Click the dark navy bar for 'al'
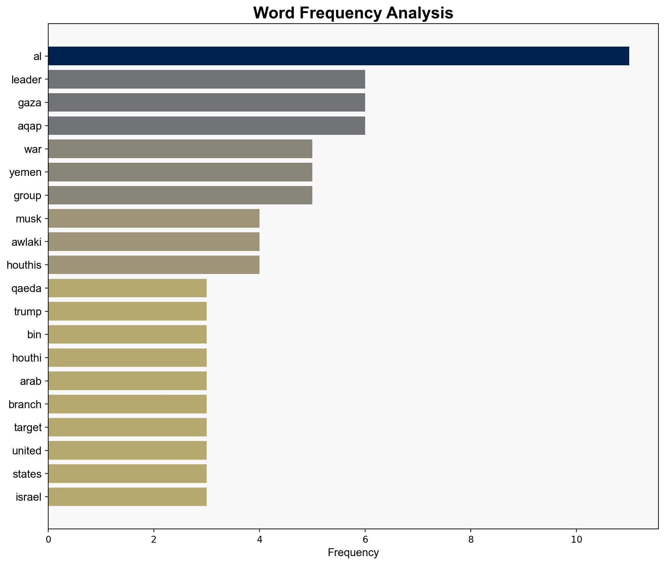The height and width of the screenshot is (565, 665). click(x=339, y=56)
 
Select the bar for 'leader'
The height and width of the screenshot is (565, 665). click(x=207, y=79)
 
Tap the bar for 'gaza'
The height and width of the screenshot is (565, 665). click(x=207, y=103)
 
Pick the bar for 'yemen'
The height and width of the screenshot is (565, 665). click(x=180, y=172)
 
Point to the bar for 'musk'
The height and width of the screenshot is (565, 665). click(x=154, y=219)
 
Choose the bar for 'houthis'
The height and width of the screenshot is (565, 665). click(x=154, y=265)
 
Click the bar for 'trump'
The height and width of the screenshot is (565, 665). click(x=127, y=311)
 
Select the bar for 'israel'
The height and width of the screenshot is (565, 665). click(x=127, y=497)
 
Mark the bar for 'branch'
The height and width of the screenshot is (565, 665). click(x=127, y=404)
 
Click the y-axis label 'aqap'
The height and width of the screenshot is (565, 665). click(x=30, y=126)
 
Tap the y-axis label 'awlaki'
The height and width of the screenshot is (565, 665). click(x=26, y=242)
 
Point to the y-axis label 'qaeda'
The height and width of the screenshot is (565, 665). click(x=26, y=288)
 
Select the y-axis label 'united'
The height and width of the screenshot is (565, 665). click(x=27, y=451)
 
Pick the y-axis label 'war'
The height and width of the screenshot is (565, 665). click(x=33, y=149)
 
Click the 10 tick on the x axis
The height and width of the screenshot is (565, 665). click(x=576, y=540)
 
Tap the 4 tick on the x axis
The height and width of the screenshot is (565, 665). click(x=260, y=540)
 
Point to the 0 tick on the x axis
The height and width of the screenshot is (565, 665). click(x=48, y=540)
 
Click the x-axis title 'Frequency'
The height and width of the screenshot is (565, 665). click(x=353, y=553)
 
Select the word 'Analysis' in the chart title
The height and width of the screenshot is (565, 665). click(x=420, y=13)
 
